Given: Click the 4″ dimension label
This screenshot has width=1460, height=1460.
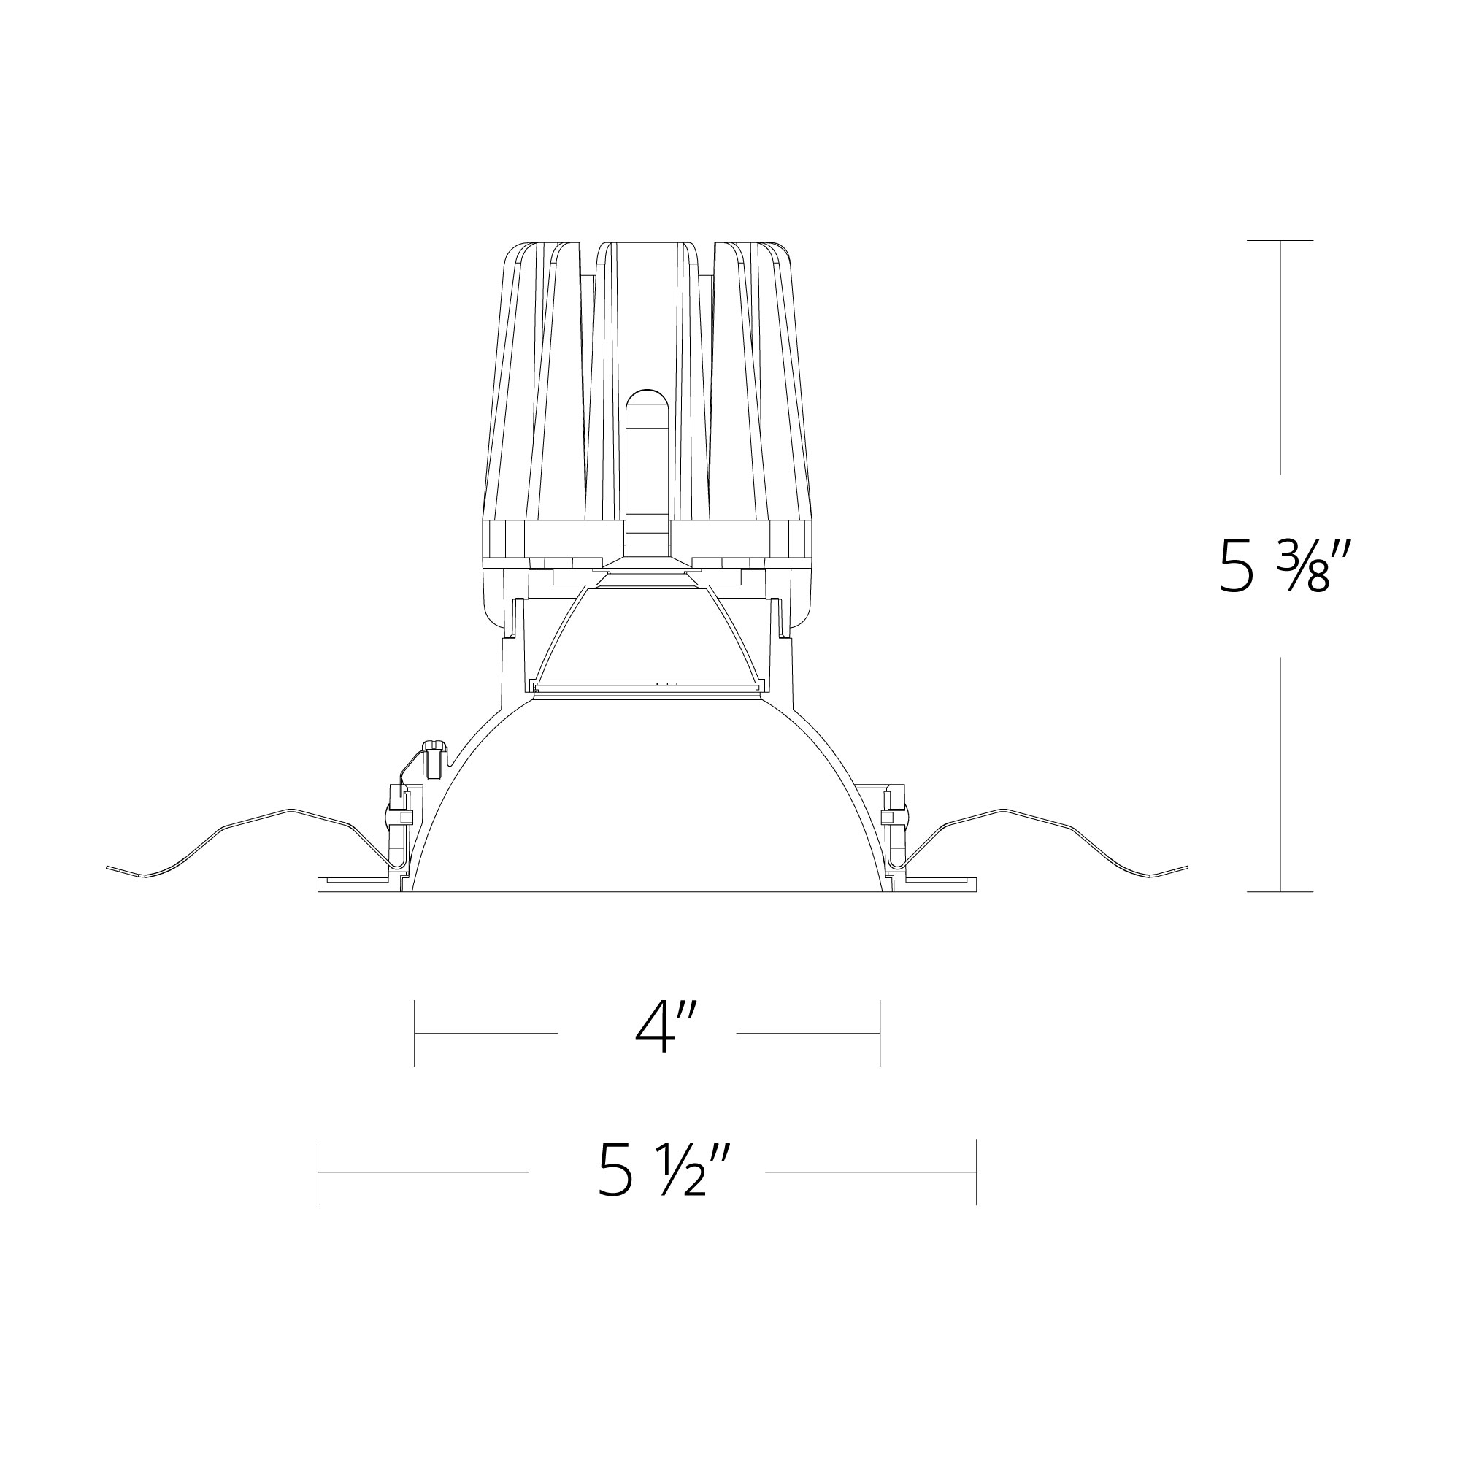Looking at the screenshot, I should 663,1028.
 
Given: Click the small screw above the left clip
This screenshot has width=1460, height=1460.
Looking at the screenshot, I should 433,756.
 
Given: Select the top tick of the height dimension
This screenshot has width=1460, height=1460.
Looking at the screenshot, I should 1280,240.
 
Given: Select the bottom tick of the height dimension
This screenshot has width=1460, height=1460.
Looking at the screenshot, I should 1280,892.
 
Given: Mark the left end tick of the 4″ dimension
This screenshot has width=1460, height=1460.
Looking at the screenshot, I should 415,1033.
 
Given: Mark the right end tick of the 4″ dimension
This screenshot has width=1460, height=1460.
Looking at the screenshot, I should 880,1033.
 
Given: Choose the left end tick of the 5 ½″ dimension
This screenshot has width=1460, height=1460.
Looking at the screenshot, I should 318,1172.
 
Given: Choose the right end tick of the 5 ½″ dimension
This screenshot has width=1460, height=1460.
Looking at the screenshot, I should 976,1172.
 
